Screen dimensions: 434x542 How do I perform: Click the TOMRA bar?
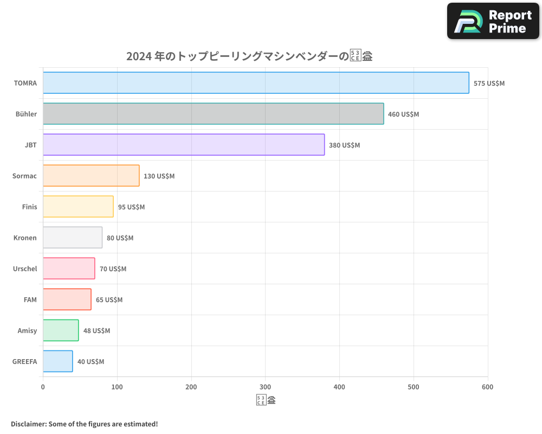pos(256,83)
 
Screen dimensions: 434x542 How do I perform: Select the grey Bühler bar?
pos(213,114)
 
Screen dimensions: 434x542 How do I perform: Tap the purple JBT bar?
pos(184,145)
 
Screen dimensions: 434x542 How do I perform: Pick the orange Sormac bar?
pos(91,176)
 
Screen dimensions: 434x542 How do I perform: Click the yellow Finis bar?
pos(78,207)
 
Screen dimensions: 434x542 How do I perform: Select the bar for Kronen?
pos(73,238)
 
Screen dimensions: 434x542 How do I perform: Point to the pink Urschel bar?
pos(69,269)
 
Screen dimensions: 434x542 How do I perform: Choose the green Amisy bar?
pos(61,330)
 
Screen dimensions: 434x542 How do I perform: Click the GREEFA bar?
pos(58,361)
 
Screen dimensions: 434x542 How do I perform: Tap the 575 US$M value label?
pos(489,84)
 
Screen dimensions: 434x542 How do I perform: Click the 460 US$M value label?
pos(403,114)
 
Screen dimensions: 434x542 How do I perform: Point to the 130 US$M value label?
pos(159,176)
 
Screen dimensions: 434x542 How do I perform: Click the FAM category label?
pos(30,300)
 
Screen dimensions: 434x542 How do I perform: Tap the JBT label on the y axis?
pos(31,145)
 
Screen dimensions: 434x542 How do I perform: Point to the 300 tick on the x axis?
pos(265,387)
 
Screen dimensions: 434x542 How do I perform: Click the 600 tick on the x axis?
pos(487,387)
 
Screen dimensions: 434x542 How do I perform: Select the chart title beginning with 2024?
pos(249,56)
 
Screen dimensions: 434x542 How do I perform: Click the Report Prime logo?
pos(493,21)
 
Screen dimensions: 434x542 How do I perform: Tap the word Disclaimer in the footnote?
pos(28,424)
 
